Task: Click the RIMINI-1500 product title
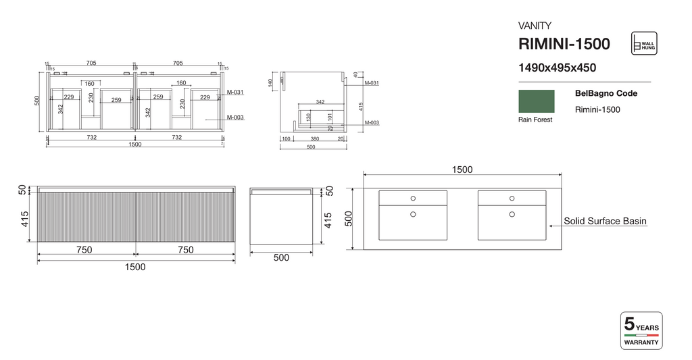(x=564, y=45)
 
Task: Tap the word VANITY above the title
(x=535, y=26)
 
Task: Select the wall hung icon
(x=643, y=43)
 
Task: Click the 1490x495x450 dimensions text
(x=556, y=68)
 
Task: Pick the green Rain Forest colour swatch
(x=536, y=101)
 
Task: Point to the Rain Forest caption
(x=535, y=120)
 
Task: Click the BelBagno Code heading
(x=605, y=94)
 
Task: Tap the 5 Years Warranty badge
(x=641, y=330)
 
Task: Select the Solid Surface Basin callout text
(x=606, y=221)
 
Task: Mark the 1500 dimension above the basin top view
(x=462, y=170)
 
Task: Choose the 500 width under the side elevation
(x=281, y=257)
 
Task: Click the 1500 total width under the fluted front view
(x=135, y=267)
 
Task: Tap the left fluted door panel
(x=86, y=217)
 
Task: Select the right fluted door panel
(x=185, y=217)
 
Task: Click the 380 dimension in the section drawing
(x=315, y=138)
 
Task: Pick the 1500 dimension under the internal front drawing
(x=134, y=145)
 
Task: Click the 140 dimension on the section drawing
(x=270, y=82)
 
